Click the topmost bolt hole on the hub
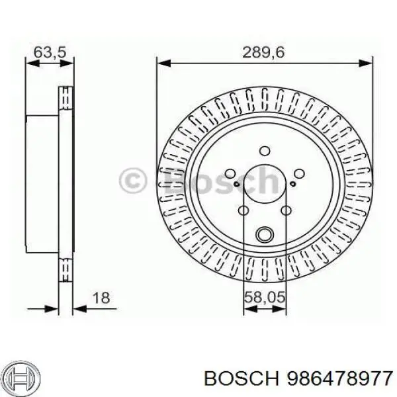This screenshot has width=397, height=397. [x=264, y=150]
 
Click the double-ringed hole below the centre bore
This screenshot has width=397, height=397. [x=264, y=234]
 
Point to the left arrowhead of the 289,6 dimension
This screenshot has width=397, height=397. [x=163, y=64]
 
